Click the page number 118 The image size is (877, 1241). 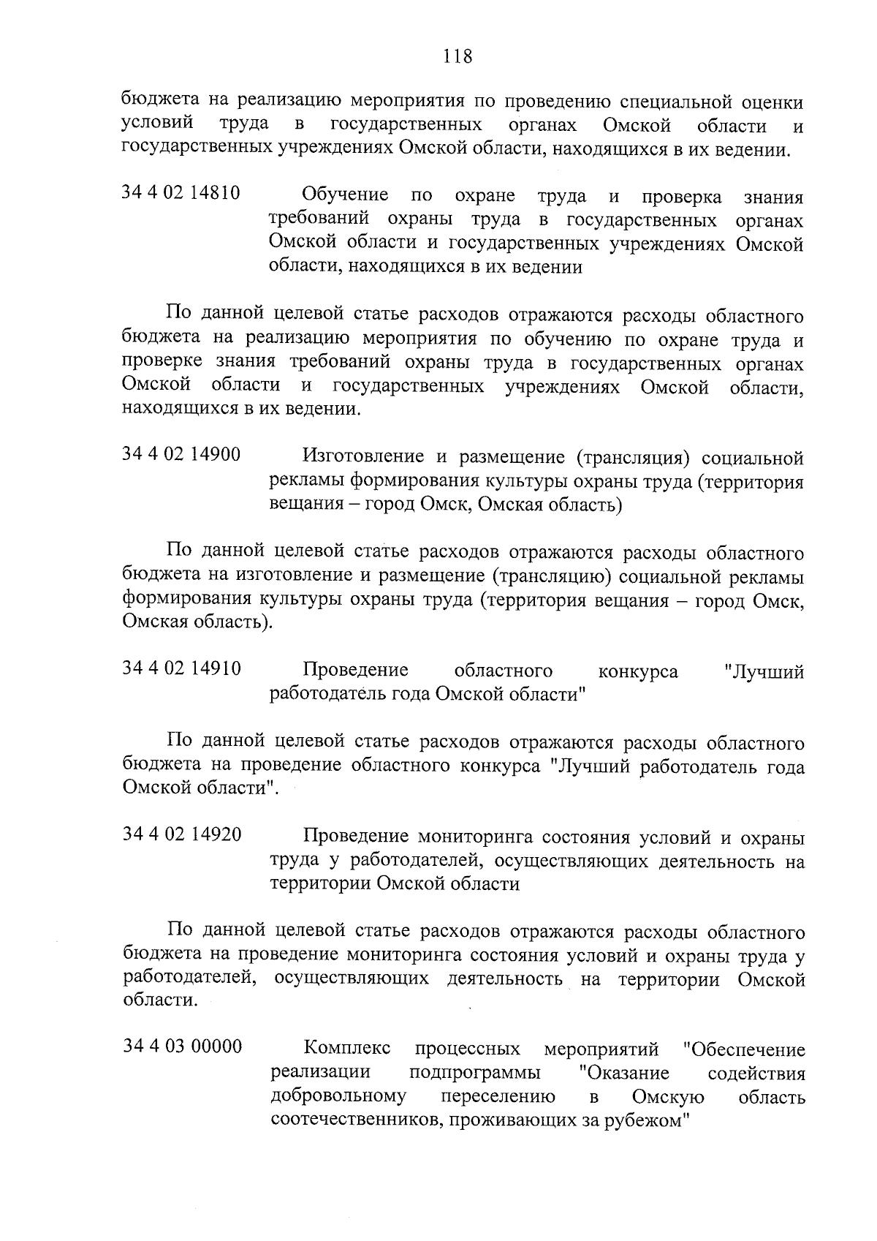(457, 56)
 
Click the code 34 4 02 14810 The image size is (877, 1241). (181, 195)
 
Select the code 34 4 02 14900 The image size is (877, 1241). (181, 455)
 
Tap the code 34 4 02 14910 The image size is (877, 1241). (181, 668)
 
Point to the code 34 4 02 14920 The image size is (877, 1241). (181, 834)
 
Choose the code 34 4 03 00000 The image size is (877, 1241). (181, 1046)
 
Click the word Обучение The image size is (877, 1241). (345, 195)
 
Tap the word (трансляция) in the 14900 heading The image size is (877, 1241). (632, 458)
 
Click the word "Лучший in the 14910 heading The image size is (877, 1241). (763, 671)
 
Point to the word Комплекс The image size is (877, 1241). (346, 1049)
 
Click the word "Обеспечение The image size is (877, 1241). (743, 1050)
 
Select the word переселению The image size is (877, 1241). (498, 1097)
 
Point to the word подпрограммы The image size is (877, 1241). (475, 1074)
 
